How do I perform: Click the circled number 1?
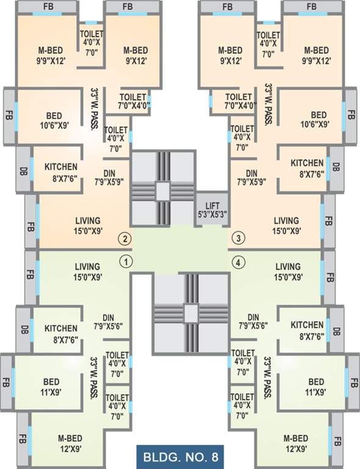point(126,262)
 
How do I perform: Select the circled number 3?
point(239,238)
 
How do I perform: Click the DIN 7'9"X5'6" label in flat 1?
point(109,322)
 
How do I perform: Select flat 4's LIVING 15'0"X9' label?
point(287,272)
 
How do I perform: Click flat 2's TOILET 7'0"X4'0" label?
point(132,101)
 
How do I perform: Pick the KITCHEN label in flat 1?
point(61,333)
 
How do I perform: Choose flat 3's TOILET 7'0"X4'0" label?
point(239,101)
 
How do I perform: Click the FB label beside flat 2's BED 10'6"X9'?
point(9,115)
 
